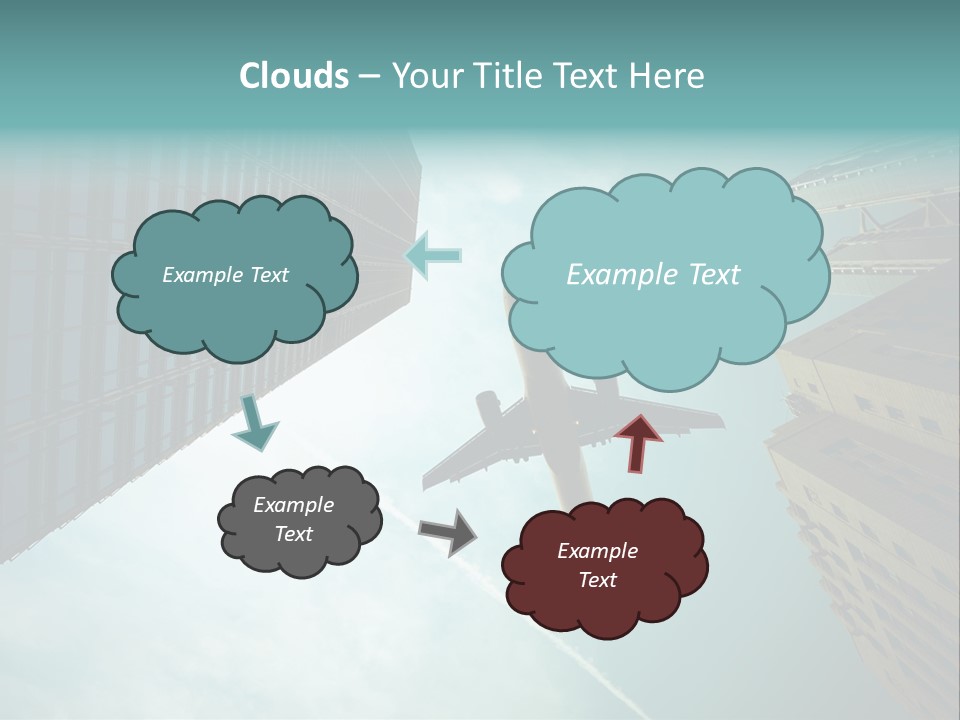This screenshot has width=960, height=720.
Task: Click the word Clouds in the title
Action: coord(293,76)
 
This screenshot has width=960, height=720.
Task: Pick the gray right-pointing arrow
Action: coord(448,531)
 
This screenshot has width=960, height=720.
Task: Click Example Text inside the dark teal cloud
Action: coord(225,275)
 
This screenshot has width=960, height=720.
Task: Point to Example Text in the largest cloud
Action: coord(653,275)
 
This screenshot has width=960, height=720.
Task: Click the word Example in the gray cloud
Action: coord(293,505)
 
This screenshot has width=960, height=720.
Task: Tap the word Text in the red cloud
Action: coord(597,580)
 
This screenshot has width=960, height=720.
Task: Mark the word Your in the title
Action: coord(426,76)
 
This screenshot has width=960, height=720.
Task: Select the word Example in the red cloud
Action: coord(597,551)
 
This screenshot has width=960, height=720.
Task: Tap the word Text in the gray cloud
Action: coord(293,534)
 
